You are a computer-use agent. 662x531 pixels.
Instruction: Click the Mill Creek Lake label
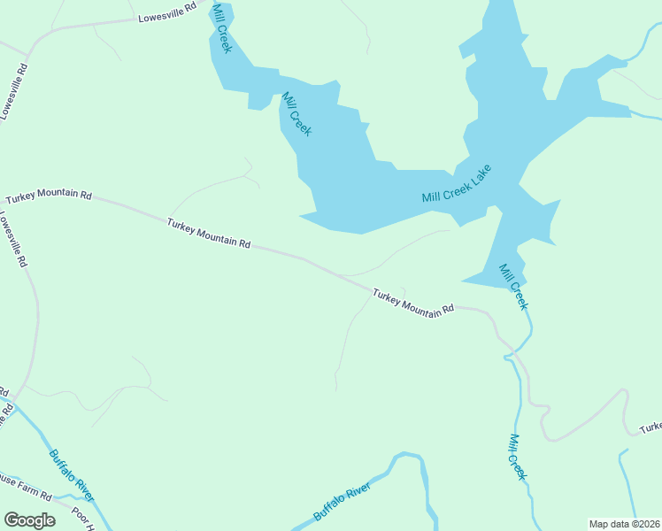click(x=456, y=184)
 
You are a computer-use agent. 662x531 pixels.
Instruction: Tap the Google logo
click(x=29, y=520)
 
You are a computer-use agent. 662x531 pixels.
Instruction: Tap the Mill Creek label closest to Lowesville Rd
click(x=221, y=27)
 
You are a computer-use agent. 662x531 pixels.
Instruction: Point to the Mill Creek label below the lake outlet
click(x=513, y=287)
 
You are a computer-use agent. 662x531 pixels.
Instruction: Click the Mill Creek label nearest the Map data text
click(x=518, y=457)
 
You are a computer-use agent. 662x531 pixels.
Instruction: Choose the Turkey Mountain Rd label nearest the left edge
click(x=48, y=195)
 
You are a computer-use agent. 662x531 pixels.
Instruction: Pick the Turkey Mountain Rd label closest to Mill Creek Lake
click(x=413, y=302)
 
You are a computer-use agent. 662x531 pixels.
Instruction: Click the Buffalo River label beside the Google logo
click(x=72, y=475)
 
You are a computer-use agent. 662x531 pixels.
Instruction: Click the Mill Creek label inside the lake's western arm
click(x=296, y=114)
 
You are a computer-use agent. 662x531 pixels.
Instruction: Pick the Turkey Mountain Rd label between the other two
click(x=209, y=233)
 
